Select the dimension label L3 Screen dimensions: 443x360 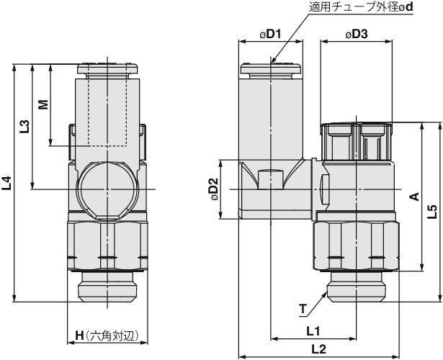click(x=24, y=126)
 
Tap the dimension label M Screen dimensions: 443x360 click(x=43, y=104)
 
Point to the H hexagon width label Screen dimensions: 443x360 click(x=107, y=336)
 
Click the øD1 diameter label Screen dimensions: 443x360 click(x=270, y=34)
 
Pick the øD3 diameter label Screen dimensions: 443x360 click(x=357, y=34)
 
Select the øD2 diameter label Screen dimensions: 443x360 click(x=215, y=189)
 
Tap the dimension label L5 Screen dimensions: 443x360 click(x=432, y=212)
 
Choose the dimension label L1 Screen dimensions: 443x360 click(x=313, y=331)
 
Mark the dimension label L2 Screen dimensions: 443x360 click(x=318, y=349)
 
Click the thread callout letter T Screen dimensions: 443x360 click(x=303, y=309)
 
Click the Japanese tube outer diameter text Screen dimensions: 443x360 click(x=361, y=7)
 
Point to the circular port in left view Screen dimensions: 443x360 click(x=107, y=191)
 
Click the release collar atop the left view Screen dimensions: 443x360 click(x=107, y=70)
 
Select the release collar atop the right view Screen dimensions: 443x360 click(x=271, y=70)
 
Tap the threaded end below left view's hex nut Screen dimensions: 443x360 click(x=107, y=287)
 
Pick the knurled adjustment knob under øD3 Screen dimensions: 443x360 click(x=357, y=141)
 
